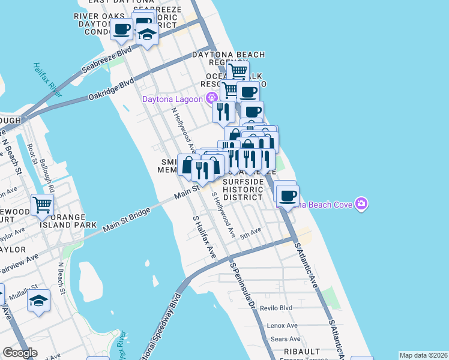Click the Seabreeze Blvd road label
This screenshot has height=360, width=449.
pos(107,58)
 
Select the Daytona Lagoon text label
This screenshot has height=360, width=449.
pos(172,99)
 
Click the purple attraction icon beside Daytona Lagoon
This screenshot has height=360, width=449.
pos(211,98)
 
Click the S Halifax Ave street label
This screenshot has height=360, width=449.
pos(205,238)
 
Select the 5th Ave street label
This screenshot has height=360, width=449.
pos(251,230)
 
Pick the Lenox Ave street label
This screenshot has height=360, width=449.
pos(283,325)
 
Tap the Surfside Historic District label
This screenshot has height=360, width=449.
pos(243,189)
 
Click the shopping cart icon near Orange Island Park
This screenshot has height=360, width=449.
pos(42,205)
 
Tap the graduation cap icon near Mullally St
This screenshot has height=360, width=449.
pos(39,300)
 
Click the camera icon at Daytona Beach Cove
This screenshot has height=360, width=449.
pos(361,204)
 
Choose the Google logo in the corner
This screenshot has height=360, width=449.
pos(20,353)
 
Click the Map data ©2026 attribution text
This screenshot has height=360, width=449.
pos(423,355)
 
